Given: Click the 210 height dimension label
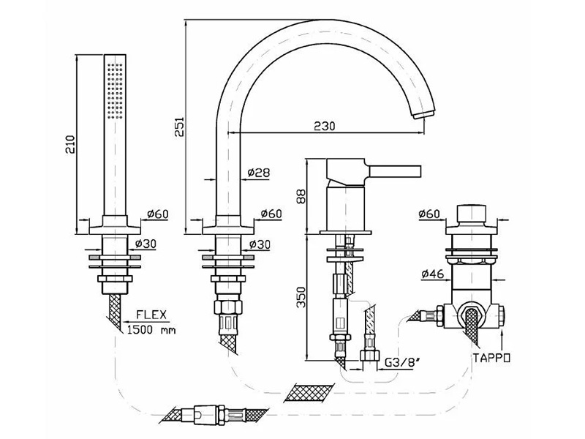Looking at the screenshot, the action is click(70, 144).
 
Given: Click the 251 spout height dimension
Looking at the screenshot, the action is click(179, 127).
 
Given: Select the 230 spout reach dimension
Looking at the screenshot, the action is click(324, 126).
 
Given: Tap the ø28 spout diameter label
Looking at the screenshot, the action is click(259, 172).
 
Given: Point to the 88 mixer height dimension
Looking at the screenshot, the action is click(301, 196).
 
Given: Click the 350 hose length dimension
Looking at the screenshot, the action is click(301, 297).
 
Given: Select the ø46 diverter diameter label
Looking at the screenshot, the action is click(433, 274).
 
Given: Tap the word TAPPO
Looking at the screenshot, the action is click(491, 358).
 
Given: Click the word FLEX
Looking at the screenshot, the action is click(151, 315).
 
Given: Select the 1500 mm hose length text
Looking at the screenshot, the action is click(151, 330).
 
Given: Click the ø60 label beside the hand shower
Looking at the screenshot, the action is click(158, 214).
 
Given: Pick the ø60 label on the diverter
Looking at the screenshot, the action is click(429, 214).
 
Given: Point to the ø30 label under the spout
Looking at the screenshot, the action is click(260, 244).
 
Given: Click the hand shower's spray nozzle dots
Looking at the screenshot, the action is click(115, 91).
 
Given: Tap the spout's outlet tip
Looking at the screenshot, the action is click(425, 113).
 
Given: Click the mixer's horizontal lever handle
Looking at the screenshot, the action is click(395, 171).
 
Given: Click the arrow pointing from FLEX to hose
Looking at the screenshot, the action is click(146, 321).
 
